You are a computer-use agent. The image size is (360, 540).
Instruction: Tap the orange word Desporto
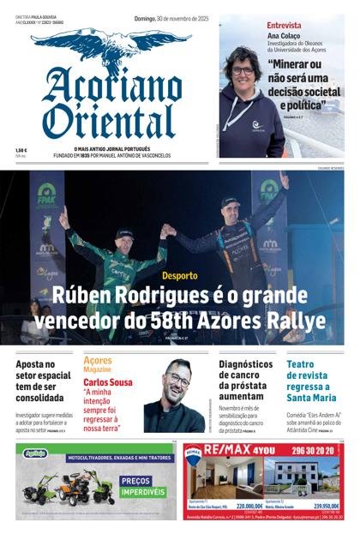pos(180,276)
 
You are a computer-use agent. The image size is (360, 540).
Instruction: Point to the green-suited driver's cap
pos(125,232)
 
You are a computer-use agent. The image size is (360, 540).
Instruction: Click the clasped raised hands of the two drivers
pos(167,230)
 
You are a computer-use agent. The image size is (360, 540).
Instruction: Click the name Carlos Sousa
pos(107,381)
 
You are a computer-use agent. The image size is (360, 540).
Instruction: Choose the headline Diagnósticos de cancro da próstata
pos(246,381)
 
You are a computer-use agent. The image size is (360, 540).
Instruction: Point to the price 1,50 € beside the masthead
pos(21,150)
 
